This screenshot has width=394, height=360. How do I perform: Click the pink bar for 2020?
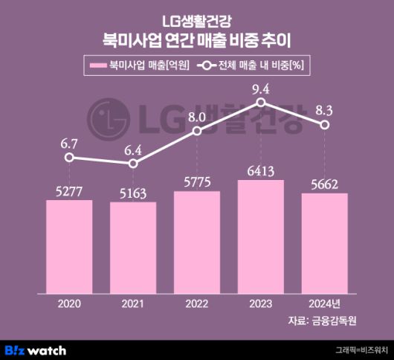point(69,245)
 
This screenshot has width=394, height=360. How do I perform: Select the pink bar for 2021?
point(133,247)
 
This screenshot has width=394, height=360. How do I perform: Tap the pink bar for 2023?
point(260,236)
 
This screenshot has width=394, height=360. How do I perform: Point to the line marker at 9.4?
point(260,106)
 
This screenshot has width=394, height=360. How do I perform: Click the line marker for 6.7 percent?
point(69,157)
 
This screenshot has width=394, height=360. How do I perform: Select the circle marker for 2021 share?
point(133,163)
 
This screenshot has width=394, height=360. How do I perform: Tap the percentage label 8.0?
point(196,117)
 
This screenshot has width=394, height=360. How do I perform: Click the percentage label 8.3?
point(324,109)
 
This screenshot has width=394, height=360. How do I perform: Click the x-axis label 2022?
point(196,303)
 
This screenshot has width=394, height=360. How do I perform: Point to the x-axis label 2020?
point(69,303)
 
